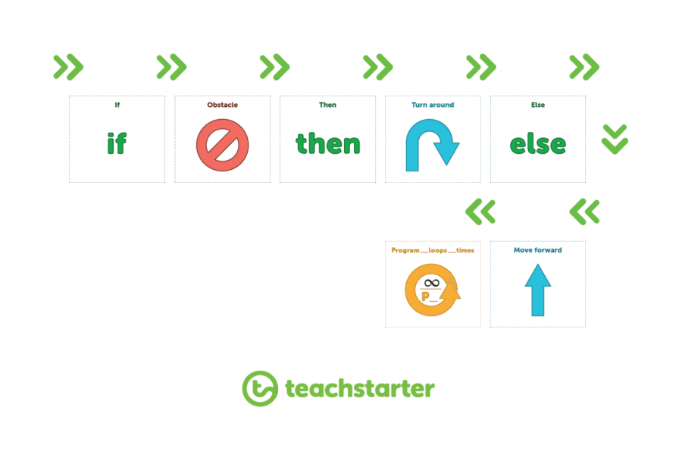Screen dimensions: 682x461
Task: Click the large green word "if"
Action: (117, 143)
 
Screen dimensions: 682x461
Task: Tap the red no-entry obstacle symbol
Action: (222, 145)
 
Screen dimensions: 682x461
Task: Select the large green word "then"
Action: (328, 143)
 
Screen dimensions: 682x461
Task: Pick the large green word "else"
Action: (538, 144)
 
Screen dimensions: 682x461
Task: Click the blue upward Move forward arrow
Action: (538, 290)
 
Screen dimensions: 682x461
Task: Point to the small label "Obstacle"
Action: (222, 105)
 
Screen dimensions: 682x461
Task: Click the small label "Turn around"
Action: (433, 105)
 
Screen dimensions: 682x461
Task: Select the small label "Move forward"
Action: (538, 250)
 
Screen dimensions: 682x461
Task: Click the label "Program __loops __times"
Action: (433, 250)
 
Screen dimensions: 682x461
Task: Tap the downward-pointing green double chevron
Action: (615, 140)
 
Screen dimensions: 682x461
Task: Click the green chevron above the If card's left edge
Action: (68, 67)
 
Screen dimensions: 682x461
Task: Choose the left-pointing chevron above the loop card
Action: (480, 212)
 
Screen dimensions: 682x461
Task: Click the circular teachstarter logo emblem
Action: (260, 389)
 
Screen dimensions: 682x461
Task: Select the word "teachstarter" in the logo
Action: (360, 388)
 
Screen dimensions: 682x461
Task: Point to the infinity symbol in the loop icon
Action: (432, 284)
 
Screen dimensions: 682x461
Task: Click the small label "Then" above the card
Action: (327, 105)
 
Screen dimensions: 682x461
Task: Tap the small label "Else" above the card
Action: (538, 105)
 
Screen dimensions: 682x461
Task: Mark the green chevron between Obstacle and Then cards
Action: (275, 67)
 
